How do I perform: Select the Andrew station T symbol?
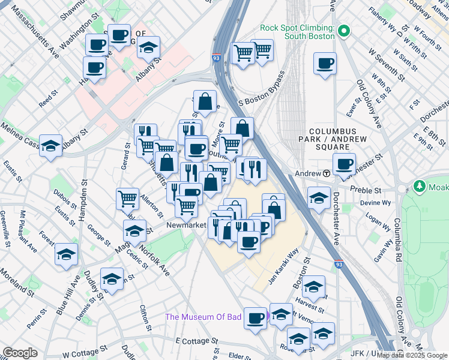tap(326, 173)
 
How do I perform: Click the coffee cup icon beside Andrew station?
tap(344, 164)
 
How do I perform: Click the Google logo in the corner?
tap(20, 353)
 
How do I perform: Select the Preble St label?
tap(369, 190)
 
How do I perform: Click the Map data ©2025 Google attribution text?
tap(411, 355)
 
